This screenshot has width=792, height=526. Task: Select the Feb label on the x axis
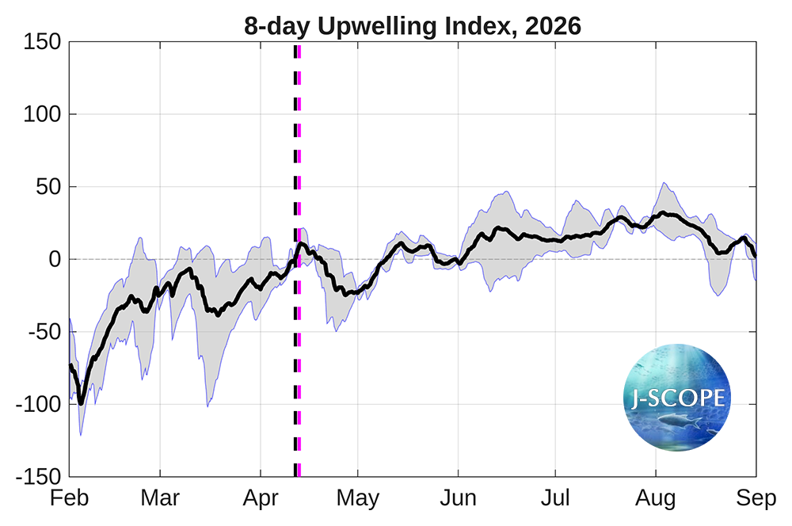click(x=70, y=499)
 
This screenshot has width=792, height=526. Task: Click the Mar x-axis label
click(x=160, y=499)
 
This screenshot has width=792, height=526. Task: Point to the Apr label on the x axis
click(x=261, y=499)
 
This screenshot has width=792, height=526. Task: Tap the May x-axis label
click(x=358, y=499)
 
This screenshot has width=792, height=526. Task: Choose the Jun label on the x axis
click(x=458, y=499)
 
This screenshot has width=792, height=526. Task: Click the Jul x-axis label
click(x=554, y=499)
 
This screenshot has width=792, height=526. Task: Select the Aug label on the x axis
click(x=656, y=499)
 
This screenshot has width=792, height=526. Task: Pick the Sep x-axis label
click(x=755, y=499)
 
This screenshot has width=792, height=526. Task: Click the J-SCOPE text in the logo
click(x=678, y=396)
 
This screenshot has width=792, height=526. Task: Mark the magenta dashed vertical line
click(x=299, y=356)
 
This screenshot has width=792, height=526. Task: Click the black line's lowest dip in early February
click(x=81, y=403)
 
